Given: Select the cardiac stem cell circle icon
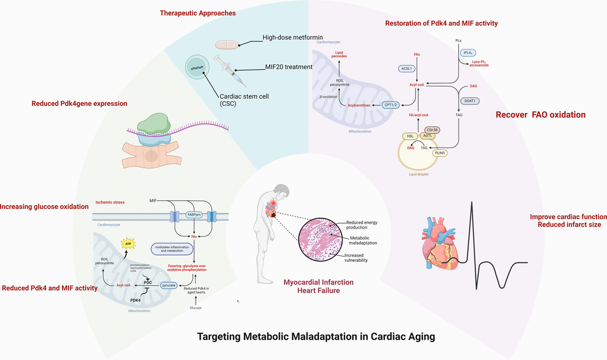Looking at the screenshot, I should tap(199, 69).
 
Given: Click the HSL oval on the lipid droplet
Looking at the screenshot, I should tap(411, 136).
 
